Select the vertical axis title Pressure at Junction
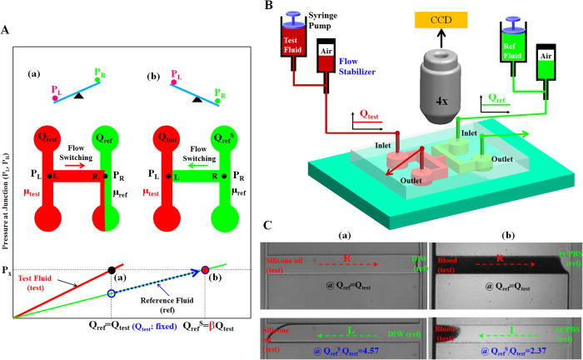pos(8,221)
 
